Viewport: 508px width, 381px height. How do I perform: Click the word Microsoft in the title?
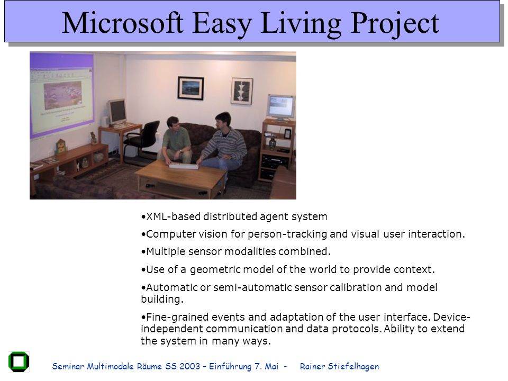click(122, 23)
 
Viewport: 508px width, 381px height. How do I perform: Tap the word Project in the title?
click(395, 25)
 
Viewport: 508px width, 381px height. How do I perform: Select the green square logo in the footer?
click(19, 362)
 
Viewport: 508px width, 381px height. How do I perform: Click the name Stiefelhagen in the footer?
click(353, 366)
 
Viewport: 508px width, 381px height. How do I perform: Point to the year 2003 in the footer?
click(189, 366)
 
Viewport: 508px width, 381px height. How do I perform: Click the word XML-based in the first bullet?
click(173, 216)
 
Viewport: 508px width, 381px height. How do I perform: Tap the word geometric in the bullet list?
click(215, 269)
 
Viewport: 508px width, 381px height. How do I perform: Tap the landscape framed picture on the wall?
click(190, 88)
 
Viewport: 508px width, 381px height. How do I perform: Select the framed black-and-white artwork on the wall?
click(242, 91)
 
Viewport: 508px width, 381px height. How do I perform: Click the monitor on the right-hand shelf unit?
click(281, 107)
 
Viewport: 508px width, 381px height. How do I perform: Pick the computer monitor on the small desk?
click(117, 112)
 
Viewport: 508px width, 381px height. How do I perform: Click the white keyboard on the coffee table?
click(183, 166)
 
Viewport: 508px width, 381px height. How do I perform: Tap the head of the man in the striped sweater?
click(223, 121)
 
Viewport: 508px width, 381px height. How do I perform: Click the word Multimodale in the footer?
click(111, 366)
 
